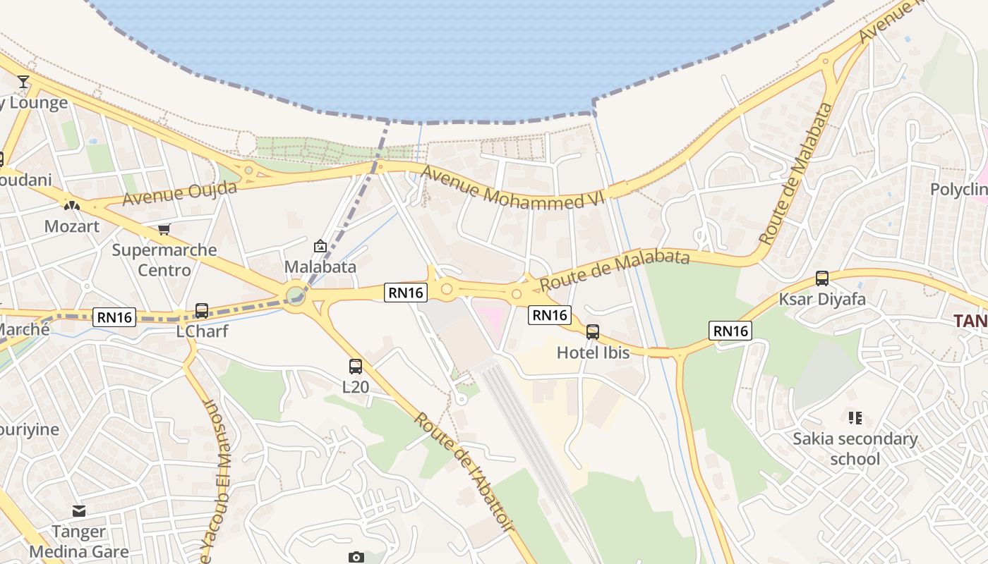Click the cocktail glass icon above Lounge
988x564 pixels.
coord(23,82)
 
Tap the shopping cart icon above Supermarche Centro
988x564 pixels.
coord(164,229)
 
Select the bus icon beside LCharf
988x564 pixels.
coord(201,310)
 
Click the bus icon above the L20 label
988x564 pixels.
coord(356,367)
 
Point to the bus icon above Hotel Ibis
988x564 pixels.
coord(593,331)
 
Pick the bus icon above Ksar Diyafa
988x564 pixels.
coord(822,278)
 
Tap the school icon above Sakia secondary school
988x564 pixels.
coord(855,418)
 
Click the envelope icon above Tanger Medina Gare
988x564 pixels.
coord(79,510)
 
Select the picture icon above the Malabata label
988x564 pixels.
coord(320,246)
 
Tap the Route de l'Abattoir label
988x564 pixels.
coord(465,472)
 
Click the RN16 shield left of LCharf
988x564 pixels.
coord(114,317)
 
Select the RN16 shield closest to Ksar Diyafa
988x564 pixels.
coord(730,331)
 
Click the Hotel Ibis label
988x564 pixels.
coord(593,352)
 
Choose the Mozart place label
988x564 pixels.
coord(72,226)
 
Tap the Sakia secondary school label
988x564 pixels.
coord(855,449)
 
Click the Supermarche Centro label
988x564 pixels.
coord(164,260)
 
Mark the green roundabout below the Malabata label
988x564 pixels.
coord(296,293)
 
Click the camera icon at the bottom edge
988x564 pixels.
coord(356,557)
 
